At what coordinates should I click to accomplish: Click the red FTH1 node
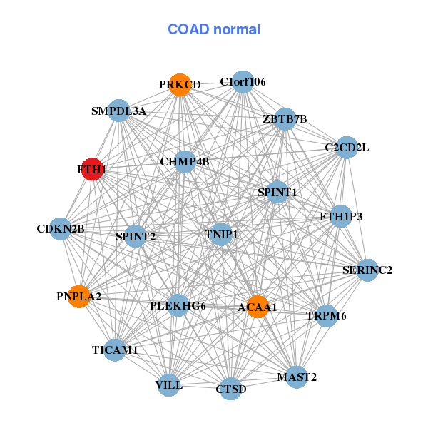91,170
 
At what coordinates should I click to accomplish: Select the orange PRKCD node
180,85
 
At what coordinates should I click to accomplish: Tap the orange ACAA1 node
257,307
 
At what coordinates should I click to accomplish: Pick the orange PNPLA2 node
79,295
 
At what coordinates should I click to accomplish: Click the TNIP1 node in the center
221,234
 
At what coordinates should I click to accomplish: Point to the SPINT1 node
277,192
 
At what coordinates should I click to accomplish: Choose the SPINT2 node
136,235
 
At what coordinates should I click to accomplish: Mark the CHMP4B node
185,162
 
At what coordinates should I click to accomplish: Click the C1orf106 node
243,82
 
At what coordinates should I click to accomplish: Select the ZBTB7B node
285,118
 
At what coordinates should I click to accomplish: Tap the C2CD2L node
347,148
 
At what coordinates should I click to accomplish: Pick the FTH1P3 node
341,215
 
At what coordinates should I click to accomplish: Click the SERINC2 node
367,270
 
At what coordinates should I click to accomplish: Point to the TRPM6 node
326,315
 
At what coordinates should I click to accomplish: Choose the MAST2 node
297,376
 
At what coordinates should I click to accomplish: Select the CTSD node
230,389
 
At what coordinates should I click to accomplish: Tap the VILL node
169,385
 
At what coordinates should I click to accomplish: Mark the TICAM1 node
116,350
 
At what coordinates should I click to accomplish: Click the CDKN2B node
61,229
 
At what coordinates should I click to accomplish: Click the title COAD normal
214,30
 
